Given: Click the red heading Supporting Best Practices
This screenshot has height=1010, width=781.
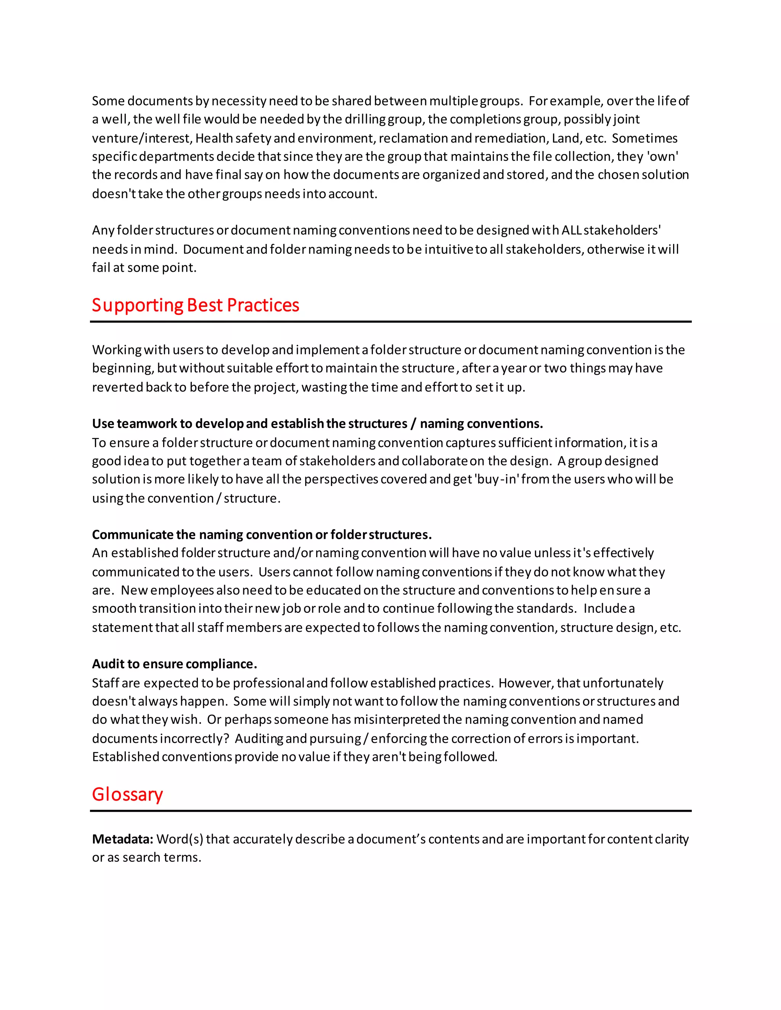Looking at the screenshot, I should click(x=195, y=305).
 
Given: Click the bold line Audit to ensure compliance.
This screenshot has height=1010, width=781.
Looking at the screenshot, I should click(x=174, y=664).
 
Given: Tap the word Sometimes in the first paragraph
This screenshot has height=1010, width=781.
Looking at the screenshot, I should click(x=644, y=138).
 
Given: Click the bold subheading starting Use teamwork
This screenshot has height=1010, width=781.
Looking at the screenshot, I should click(x=317, y=423).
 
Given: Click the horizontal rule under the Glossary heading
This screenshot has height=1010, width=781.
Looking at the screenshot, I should click(x=390, y=811).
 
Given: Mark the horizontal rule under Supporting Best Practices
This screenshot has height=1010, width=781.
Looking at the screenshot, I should click(x=390, y=321).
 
